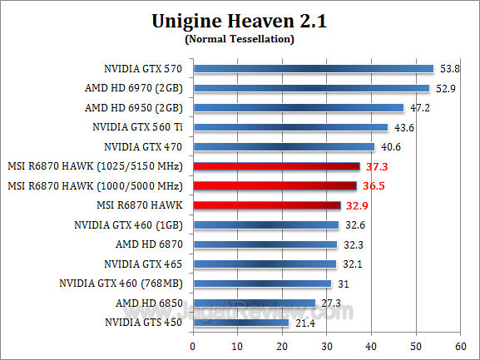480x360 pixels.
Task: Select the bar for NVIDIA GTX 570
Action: point(313,68)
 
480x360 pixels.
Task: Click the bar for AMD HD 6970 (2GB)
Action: point(311,88)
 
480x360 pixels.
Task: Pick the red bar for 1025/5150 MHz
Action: point(276,166)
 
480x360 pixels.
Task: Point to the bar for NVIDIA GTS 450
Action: point(240,322)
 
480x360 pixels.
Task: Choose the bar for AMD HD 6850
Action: point(254,302)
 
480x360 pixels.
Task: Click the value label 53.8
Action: point(448,68)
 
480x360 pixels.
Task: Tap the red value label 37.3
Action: point(375,166)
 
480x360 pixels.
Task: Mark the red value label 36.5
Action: point(372,185)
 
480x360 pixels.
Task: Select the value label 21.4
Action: point(303,322)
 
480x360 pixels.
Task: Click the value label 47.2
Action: point(418,107)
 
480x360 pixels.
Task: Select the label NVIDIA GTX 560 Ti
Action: point(138,127)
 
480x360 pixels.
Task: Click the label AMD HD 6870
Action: point(150,244)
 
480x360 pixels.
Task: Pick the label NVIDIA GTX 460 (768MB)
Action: point(121,283)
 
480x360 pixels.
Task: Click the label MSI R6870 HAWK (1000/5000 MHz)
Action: point(94,185)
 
